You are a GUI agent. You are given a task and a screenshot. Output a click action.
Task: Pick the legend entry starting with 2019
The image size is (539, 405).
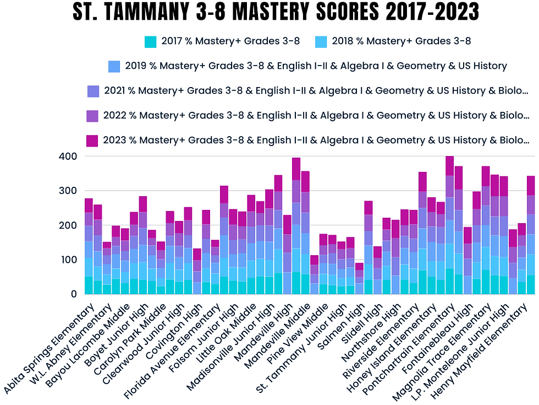(316, 66)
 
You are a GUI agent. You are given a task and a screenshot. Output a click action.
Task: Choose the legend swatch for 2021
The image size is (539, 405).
(94, 91)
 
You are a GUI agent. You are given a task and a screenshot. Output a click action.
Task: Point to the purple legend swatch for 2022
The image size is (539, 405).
(92, 116)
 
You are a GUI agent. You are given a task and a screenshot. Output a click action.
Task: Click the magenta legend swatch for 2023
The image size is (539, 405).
(92, 141)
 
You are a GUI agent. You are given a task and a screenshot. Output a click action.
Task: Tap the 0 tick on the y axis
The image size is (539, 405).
(73, 294)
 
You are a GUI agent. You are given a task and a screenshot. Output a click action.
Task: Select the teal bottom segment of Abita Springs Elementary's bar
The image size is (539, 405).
(89, 285)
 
